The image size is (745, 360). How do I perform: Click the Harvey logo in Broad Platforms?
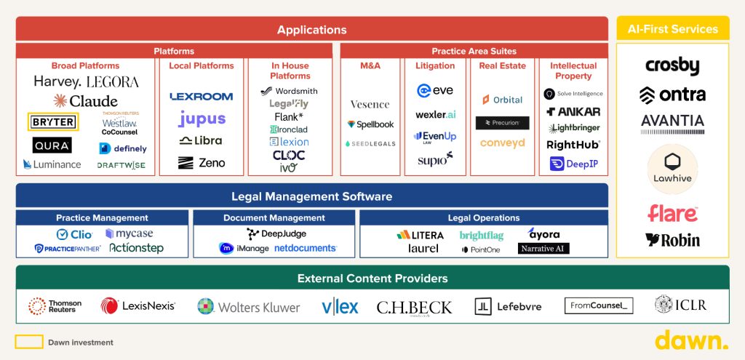57,81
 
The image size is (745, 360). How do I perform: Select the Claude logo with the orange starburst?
85,101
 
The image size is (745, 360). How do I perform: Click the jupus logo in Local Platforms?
202,119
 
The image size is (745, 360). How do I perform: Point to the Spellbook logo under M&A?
370,124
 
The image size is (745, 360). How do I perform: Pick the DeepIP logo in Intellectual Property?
574,164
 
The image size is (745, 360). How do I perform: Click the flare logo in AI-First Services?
672,214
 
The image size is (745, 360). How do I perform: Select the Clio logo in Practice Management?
74,234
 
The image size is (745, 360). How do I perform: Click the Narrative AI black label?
543,249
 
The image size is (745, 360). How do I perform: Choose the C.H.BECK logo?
414,307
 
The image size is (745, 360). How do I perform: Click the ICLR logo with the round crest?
680,305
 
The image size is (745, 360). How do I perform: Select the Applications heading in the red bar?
311,30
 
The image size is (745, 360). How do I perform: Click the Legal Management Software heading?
311,196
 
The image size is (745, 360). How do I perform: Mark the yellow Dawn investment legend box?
29,342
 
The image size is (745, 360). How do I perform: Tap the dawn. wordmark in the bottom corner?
690,340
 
